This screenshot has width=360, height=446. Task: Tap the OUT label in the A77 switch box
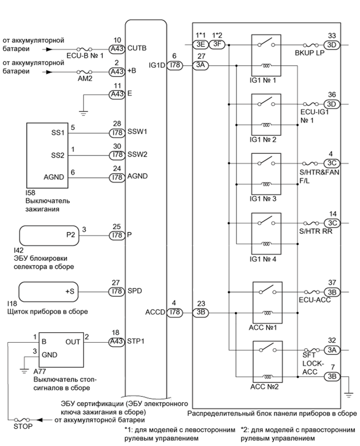(x=73, y=343)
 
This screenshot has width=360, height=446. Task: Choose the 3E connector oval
(x=201, y=45)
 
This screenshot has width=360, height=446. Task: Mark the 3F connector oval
(x=218, y=45)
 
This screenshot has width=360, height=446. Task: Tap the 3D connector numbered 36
(x=332, y=104)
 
